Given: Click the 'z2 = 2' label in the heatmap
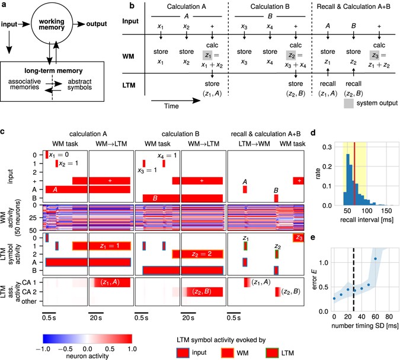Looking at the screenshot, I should coord(196,254).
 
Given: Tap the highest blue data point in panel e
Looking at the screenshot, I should coord(375,259).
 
